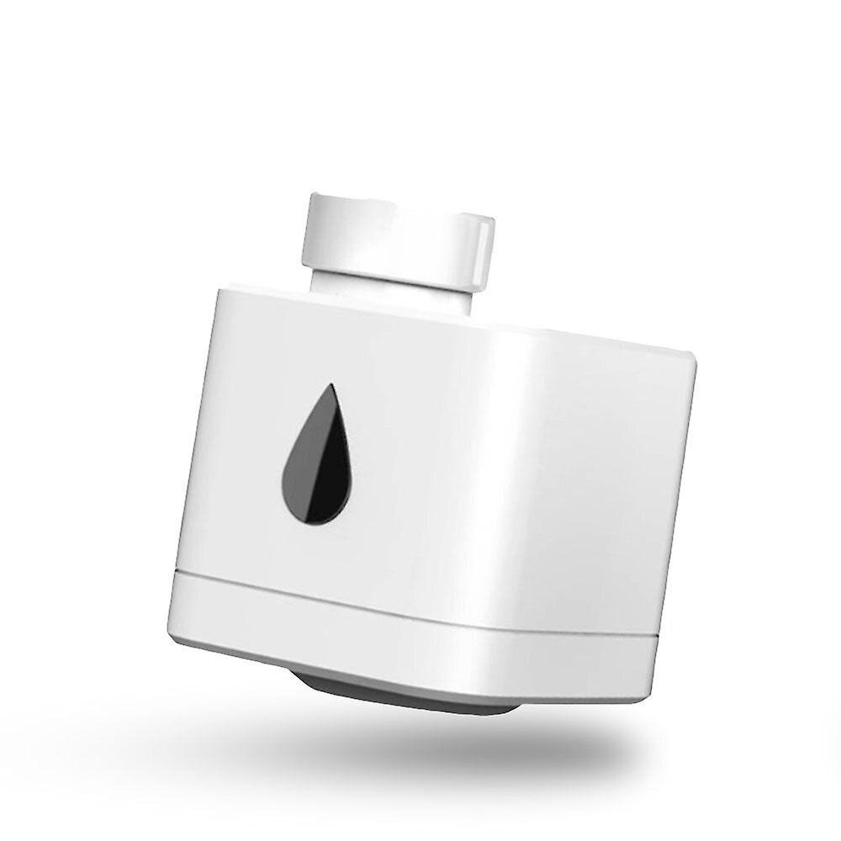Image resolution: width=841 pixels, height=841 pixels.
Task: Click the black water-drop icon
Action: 317,458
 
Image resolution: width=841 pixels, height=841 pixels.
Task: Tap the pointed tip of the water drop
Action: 333,388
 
